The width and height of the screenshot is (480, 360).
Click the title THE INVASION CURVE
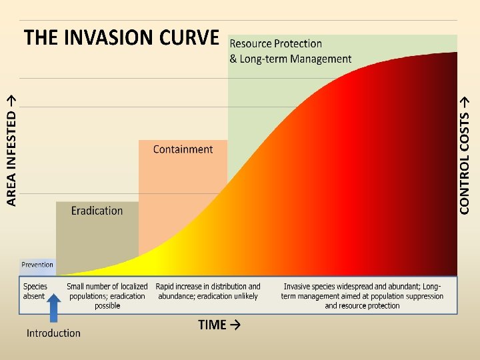(x=121, y=37)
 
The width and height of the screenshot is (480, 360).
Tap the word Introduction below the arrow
(x=53, y=333)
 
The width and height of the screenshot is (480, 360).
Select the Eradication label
(x=97, y=211)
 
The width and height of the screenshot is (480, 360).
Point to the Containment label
(x=183, y=149)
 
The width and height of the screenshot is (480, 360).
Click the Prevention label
(x=37, y=265)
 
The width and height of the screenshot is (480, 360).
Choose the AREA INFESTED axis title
(x=11, y=148)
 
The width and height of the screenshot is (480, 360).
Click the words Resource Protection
(x=275, y=43)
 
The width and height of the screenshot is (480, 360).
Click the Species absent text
(x=35, y=291)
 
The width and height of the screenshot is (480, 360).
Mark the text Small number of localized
(x=107, y=287)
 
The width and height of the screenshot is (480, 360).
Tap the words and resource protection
(x=362, y=306)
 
